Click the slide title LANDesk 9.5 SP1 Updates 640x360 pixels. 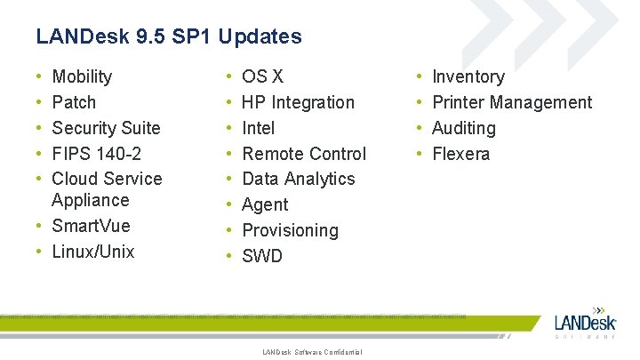pyautogui.click(x=169, y=36)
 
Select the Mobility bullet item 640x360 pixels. pyautogui.click(x=82, y=76)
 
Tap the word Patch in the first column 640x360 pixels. pyautogui.click(x=74, y=102)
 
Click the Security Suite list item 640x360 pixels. pyautogui.click(x=106, y=128)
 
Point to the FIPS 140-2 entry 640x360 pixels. pyautogui.click(x=97, y=154)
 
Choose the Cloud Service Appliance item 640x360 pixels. pyautogui.click(x=107, y=188)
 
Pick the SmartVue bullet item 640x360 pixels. pyautogui.click(x=92, y=226)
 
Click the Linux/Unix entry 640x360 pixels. pyautogui.click(x=93, y=252)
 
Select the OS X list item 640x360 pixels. pyautogui.click(x=263, y=76)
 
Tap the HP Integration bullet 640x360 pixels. pyautogui.click(x=298, y=102)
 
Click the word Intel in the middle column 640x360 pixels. pyautogui.click(x=259, y=128)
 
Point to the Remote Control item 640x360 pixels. pyautogui.click(x=304, y=154)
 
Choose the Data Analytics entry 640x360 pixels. pyautogui.click(x=298, y=179)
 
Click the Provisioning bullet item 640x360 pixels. pyautogui.click(x=290, y=230)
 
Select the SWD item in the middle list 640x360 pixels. pyautogui.click(x=262, y=256)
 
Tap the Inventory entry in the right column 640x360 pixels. pyautogui.click(x=468, y=76)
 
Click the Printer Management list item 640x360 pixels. pyautogui.click(x=511, y=102)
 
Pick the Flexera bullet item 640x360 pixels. pyautogui.click(x=460, y=154)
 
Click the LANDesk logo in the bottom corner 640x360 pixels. pyautogui.click(x=585, y=321)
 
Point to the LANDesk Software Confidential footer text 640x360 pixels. pyautogui.click(x=312, y=353)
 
